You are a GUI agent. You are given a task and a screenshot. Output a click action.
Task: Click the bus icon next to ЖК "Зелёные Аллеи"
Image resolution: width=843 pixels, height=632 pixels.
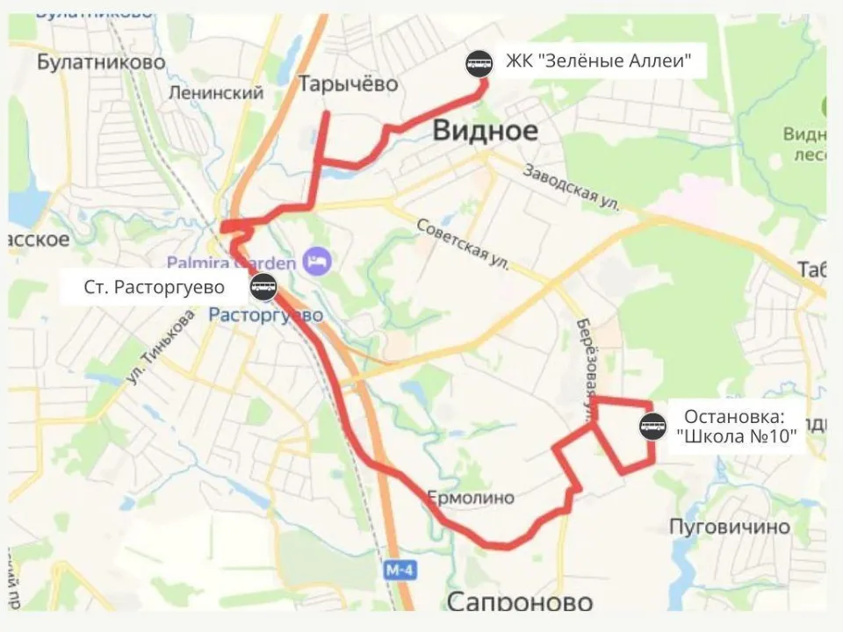[x=479, y=62]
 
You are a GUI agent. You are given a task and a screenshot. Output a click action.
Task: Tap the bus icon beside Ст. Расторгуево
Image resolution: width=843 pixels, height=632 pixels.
[x=263, y=286]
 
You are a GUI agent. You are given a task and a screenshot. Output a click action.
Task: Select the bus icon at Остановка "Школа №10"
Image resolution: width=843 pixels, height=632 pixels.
[x=652, y=427]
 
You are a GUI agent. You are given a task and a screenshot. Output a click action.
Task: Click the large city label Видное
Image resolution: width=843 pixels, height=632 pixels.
[x=485, y=131]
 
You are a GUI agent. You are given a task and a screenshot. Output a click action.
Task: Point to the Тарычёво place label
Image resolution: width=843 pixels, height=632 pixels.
[x=349, y=84]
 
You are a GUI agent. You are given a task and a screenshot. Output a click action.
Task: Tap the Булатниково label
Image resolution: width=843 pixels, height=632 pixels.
[x=102, y=61]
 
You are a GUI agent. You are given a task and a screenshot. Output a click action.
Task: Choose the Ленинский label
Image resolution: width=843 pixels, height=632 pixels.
[x=216, y=93]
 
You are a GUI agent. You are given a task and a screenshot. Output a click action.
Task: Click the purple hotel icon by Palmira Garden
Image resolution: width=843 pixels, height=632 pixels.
[x=314, y=260]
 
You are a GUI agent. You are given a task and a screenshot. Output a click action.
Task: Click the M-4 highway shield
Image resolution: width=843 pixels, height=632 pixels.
[x=400, y=570]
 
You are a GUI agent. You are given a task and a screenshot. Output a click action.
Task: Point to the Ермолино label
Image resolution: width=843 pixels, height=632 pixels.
[x=471, y=498]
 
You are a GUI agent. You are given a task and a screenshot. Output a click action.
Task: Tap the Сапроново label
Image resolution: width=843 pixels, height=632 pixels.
[x=520, y=601]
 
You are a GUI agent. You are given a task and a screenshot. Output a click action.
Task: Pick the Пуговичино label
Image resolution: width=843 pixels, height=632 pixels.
[x=730, y=527]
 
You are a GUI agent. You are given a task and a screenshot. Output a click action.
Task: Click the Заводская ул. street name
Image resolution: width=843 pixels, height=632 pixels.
[x=572, y=187]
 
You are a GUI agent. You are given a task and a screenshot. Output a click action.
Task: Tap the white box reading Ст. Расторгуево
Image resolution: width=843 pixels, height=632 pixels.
[x=154, y=287]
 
